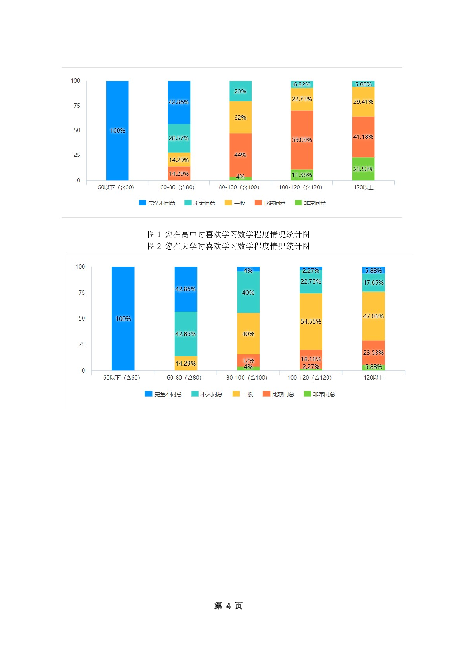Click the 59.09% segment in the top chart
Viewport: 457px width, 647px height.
coord(302,140)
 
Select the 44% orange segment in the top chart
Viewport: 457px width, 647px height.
coord(240,155)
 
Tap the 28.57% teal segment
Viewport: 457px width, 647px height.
coord(179,138)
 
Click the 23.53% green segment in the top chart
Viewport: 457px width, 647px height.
coord(363,169)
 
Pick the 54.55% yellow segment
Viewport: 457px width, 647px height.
coord(311,321)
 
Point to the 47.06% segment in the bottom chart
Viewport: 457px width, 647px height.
coord(373,316)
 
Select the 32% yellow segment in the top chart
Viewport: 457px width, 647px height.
coord(240,117)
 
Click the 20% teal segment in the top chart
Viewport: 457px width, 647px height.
coord(240,91)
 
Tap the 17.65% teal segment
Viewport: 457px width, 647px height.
coord(373,283)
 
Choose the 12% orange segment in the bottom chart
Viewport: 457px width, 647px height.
coord(248,360)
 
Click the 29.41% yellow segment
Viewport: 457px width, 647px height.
coord(363,101)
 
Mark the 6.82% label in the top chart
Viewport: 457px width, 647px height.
coord(302,84)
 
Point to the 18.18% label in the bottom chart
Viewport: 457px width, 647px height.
coord(311,359)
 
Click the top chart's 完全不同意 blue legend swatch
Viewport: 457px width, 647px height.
coord(142,203)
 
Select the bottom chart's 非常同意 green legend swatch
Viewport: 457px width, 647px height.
coord(307,394)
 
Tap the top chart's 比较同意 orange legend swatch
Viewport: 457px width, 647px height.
coord(258,203)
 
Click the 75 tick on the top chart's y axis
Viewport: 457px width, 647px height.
coord(77,105)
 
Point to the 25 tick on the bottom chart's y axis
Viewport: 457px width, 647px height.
coord(81,344)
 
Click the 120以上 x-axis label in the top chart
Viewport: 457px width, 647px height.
coord(363,187)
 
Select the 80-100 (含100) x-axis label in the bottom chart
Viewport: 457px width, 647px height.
coord(247,377)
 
